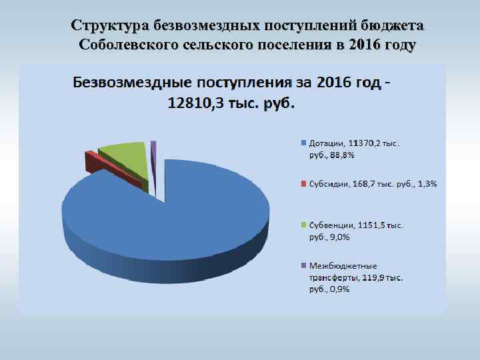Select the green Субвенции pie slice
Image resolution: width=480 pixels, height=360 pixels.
(x=123, y=155)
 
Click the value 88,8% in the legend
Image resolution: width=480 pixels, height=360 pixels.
(x=343, y=155)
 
